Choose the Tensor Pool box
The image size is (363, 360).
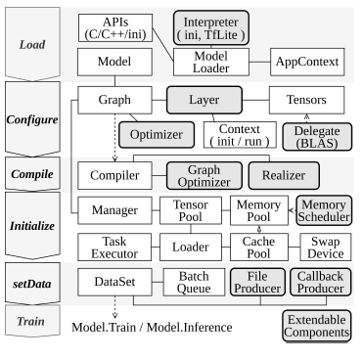[x=189, y=209]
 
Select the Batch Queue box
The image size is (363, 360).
[x=189, y=283]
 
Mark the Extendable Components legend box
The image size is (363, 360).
[x=315, y=327]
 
